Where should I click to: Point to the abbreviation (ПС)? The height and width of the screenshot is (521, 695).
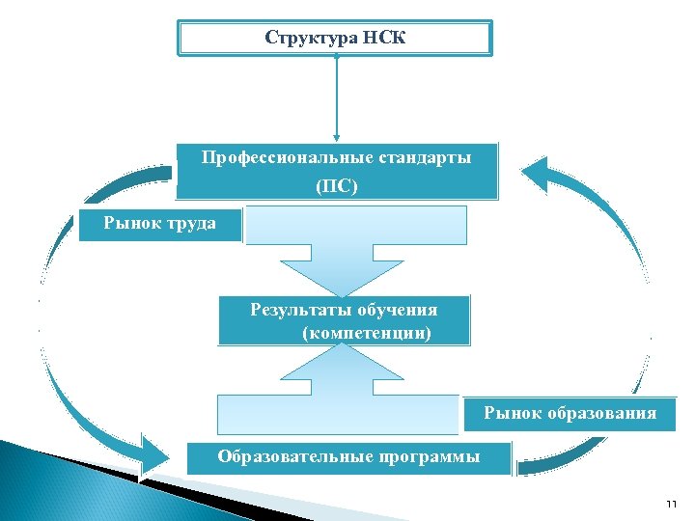(x=336, y=185)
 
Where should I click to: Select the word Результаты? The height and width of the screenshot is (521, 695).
(x=299, y=310)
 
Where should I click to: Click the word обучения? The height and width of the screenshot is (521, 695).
(x=398, y=310)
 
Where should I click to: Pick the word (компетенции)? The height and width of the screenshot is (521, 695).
(x=367, y=333)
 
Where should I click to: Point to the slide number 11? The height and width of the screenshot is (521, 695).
(x=672, y=504)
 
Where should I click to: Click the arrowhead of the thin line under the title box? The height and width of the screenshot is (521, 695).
(x=337, y=138)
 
